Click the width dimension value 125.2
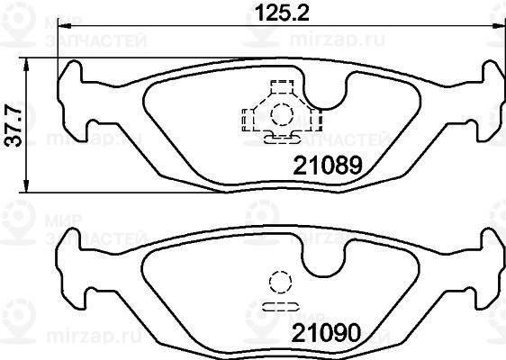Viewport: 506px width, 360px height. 282,13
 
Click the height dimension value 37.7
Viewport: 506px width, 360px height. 14,126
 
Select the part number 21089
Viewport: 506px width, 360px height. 328,166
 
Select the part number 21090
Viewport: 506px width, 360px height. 326,333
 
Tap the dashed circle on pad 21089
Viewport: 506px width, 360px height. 282,114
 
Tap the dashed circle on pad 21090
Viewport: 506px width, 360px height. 280,282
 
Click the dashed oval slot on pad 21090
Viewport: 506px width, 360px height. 280,307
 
